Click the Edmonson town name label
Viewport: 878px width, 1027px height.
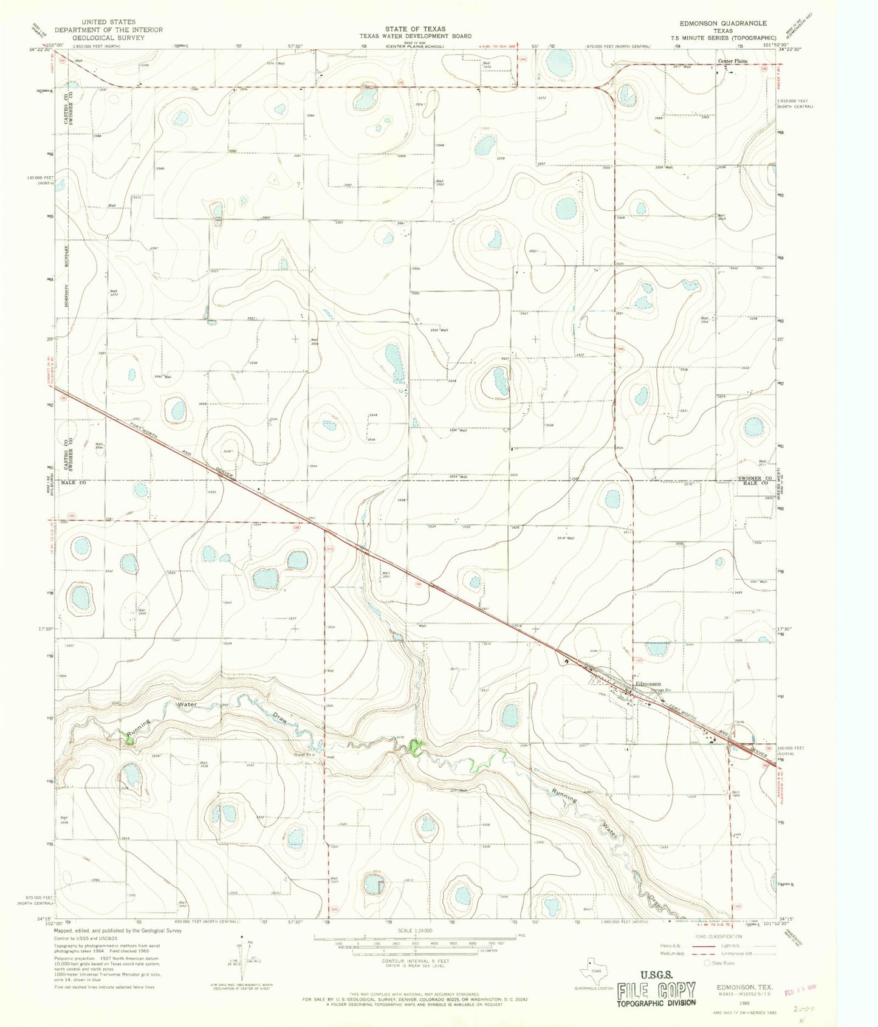(x=648, y=684)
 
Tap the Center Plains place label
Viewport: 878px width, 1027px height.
(x=733, y=61)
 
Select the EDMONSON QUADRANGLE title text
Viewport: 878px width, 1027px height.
(x=723, y=23)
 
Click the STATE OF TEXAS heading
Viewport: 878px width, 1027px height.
(x=415, y=29)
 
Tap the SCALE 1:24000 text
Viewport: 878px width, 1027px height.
(x=415, y=930)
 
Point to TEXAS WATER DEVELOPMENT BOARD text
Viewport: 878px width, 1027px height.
(x=415, y=36)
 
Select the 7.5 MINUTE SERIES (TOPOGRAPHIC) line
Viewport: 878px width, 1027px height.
(x=723, y=38)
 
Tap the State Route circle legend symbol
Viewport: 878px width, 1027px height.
(x=707, y=963)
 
